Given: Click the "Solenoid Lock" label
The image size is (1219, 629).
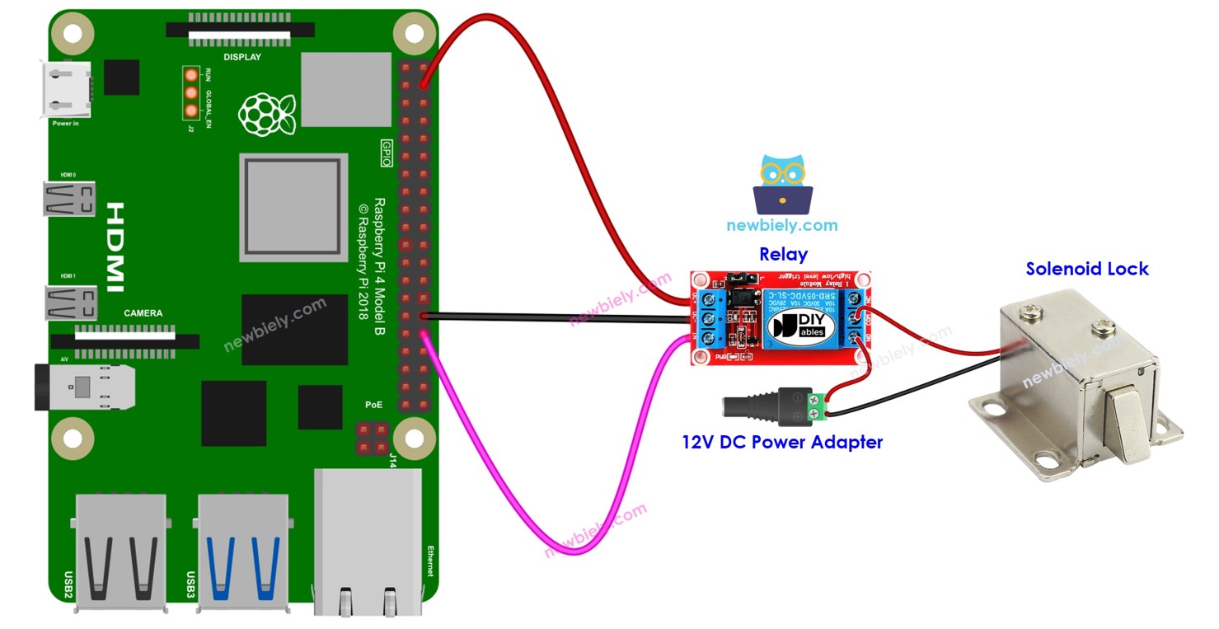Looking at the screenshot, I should tap(1086, 269).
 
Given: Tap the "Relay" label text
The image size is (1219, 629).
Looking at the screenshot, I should tap(782, 254).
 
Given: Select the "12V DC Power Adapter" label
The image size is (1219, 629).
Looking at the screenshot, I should tap(781, 442).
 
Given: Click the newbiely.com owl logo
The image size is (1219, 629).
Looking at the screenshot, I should tap(782, 185).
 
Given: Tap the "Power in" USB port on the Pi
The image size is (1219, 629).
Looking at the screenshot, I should tap(67, 90).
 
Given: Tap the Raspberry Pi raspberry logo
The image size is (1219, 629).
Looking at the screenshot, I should tap(267, 114).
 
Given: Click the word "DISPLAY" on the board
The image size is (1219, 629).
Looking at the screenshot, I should tap(242, 57).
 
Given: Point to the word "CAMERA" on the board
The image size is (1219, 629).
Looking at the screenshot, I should tap(143, 313).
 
